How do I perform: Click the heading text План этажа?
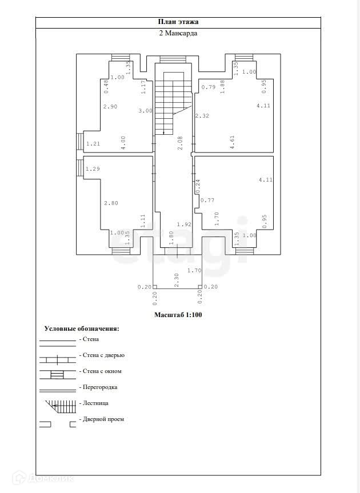click(x=178, y=22)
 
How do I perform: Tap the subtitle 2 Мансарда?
click(x=178, y=34)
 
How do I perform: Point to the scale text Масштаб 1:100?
click(x=178, y=315)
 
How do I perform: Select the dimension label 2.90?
click(x=110, y=107)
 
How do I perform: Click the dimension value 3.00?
click(x=145, y=111)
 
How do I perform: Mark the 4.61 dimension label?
click(x=233, y=142)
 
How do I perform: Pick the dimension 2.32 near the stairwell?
click(x=202, y=116)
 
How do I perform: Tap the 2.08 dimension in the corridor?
click(x=180, y=142)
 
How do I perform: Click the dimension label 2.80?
click(x=110, y=203)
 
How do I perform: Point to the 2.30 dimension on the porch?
click(x=177, y=279)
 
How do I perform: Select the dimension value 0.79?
click(x=208, y=87)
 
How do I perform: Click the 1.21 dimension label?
click(x=93, y=143)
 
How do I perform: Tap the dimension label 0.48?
click(x=106, y=86)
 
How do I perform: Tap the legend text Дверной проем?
click(x=103, y=419)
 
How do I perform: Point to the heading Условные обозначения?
click(x=82, y=329)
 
